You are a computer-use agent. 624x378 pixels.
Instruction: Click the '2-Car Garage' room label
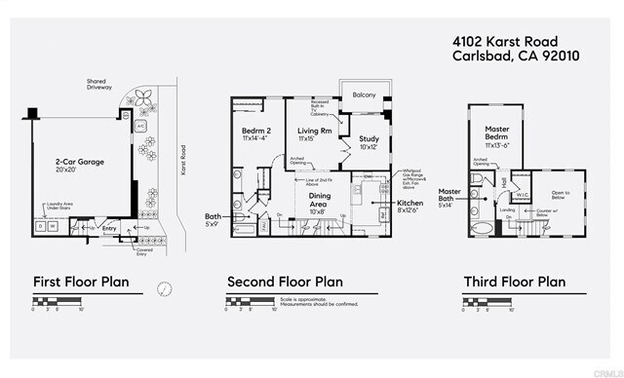(x=80, y=161)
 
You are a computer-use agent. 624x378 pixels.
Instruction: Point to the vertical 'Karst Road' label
(x=183, y=164)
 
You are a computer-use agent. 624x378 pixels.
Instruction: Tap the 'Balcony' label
(x=365, y=96)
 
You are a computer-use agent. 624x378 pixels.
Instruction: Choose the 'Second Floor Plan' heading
(x=285, y=282)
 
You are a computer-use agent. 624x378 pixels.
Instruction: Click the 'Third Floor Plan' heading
(x=514, y=282)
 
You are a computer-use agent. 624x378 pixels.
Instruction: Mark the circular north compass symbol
(x=166, y=288)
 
